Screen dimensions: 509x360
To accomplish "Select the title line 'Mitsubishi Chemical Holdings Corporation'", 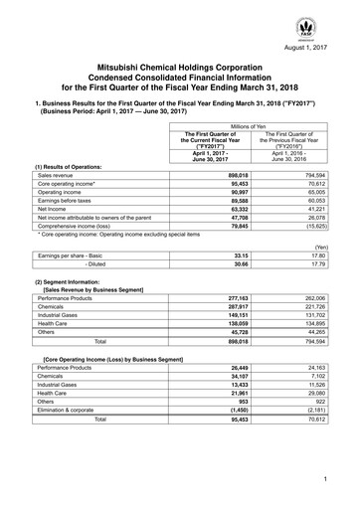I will coord(180,64).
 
